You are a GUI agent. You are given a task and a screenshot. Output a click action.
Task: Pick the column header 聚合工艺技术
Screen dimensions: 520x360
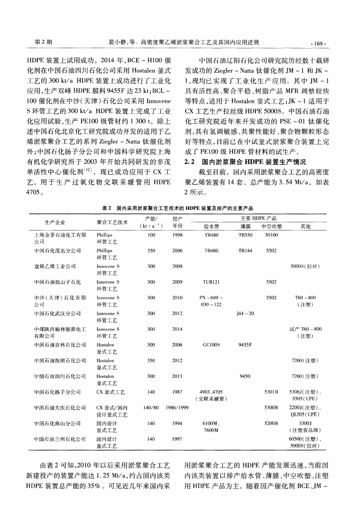[x=113, y=222]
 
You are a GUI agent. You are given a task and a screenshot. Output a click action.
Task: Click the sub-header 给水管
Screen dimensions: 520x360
[x=211, y=227]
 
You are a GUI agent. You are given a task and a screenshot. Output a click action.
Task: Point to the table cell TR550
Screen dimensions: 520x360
[x=245, y=235]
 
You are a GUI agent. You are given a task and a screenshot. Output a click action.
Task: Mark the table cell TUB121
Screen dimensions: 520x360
[x=211, y=283]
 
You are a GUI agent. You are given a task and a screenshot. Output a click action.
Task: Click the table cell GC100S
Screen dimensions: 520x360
[x=211, y=346]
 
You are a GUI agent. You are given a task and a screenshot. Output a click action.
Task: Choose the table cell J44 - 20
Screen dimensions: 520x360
[x=245, y=314]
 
